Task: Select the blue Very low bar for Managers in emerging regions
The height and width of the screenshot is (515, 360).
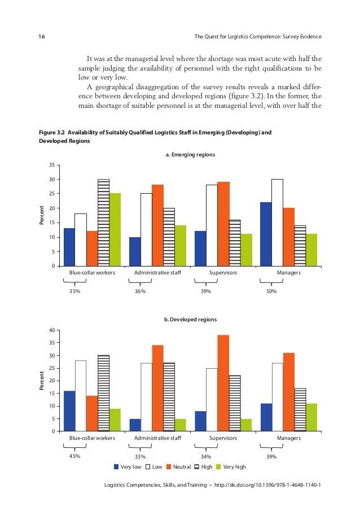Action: click(x=266, y=234)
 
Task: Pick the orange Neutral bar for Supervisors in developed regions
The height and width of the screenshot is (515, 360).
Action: click(x=223, y=383)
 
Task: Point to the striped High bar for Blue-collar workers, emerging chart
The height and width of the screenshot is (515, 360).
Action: click(x=103, y=222)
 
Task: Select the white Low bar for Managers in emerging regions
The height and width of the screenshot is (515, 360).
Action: click(x=277, y=222)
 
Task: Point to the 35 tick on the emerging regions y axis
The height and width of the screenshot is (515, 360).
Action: click(x=51, y=165)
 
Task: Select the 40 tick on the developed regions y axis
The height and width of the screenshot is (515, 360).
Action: click(x=51, y=330)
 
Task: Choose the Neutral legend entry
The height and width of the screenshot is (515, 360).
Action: click(x=178, y=467)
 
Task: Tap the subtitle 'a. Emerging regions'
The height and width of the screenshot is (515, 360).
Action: click(x=190, y=154)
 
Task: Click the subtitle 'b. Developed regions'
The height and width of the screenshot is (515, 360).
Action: click(x=190, y=319)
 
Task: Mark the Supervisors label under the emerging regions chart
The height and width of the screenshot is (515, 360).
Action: click(x=223, y=273)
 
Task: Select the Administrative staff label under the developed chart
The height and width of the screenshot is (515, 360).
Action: click(x=157, y=438)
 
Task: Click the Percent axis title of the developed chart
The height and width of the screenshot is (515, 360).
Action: click(x=41, y=381)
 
